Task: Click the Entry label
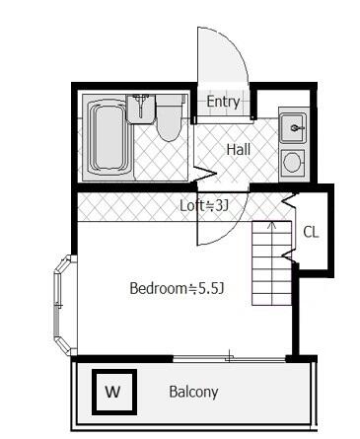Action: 223,102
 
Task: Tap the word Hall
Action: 238,150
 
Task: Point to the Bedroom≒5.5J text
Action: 178,289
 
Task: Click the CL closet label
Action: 311,233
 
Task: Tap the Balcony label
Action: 193,392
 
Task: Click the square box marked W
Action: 112,392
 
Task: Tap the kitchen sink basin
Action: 293,128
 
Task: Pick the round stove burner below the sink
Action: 293,162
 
